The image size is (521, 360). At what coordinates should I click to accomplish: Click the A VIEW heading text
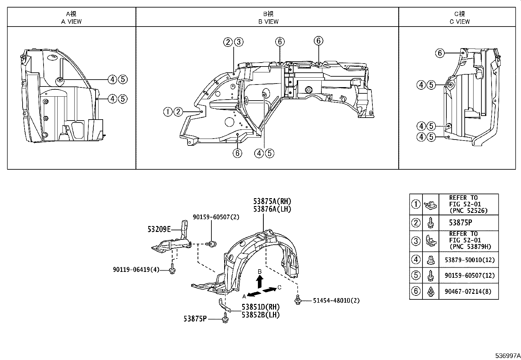(72, 22)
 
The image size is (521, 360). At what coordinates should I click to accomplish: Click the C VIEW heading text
(459, 22)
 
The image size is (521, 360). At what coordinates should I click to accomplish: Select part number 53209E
(159, 229)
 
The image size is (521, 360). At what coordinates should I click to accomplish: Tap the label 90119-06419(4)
(136, 270)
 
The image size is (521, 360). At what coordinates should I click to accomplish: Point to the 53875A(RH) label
(272, 201)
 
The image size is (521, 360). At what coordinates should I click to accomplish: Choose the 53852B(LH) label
(260, 314)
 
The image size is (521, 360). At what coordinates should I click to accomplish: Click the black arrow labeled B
(260, 281)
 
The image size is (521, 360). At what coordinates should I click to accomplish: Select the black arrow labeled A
(254, 294)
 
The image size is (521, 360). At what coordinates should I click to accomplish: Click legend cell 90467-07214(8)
(468, 291)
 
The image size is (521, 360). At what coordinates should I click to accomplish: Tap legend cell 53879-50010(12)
(469, 260)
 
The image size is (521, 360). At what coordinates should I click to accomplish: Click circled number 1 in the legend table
(416, 204)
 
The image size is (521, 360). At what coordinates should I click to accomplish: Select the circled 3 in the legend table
(416, 241)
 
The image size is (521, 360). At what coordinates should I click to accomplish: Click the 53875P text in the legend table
(460, 223)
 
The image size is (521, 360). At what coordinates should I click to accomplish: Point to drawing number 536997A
(507, 355)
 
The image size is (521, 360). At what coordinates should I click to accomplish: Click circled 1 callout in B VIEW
(168, 112)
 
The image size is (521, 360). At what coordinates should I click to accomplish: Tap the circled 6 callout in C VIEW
(440, 53)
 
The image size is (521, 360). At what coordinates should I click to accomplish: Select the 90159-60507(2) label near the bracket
(216, 217)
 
